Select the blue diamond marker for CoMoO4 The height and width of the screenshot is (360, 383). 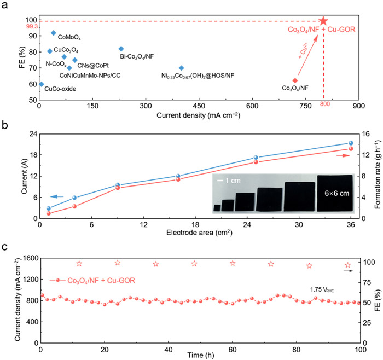click(53, 33)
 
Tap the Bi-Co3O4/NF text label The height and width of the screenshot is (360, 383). click(139, 56)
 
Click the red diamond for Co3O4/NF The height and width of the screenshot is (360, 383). click(295, 80)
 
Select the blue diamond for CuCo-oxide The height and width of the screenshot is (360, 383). click(41, 84)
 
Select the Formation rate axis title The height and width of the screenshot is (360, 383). click(378, 175)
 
